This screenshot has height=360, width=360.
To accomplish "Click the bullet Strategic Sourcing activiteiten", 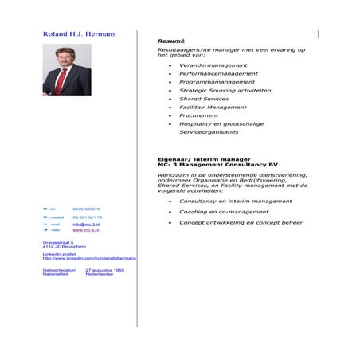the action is [225, 91].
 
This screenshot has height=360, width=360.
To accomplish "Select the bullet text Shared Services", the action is [203, 99].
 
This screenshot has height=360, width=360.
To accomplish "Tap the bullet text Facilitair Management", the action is [213, 108].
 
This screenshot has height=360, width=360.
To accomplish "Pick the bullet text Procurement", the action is [198, 115].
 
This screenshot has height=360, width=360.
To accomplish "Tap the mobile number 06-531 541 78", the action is [88, 217].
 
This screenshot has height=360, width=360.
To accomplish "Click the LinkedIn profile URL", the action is [89, 258].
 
